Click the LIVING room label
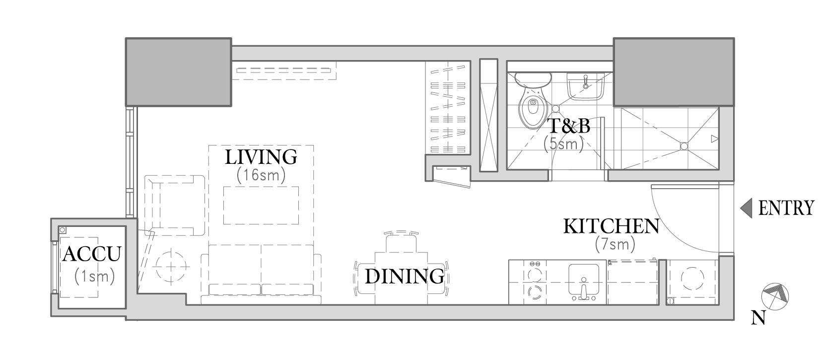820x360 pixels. (261, 157)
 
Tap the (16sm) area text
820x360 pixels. (261, 175)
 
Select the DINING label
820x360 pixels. (405, 277)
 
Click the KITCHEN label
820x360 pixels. (611, 226)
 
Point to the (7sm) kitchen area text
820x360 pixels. (615, 244)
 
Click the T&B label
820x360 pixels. (568, 126)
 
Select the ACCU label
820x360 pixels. (92, 254)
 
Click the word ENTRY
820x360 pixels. (786, 208)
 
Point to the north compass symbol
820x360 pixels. (775, 296)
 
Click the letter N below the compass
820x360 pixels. (758, 318)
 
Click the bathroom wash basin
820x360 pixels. (585, 86)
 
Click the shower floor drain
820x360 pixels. (684, 146)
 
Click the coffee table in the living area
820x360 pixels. (261, 206)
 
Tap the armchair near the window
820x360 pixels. (175, 206)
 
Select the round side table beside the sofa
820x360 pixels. (171, 267)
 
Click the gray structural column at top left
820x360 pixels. (179, 72)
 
